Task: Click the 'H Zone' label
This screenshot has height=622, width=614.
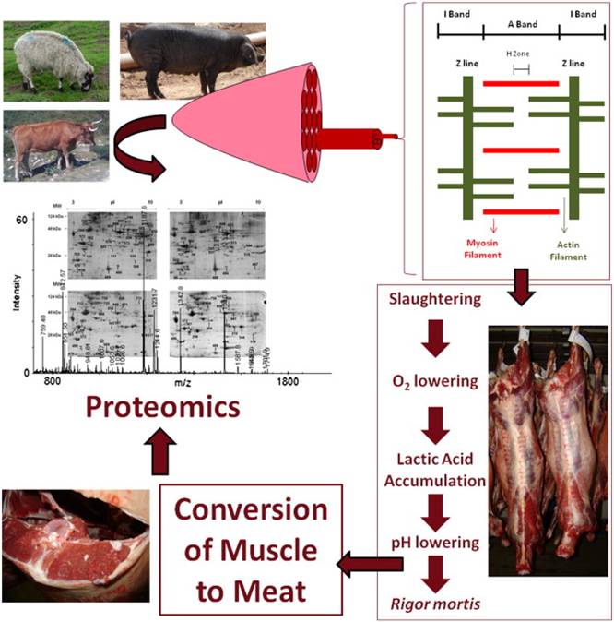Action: [521, 54]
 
